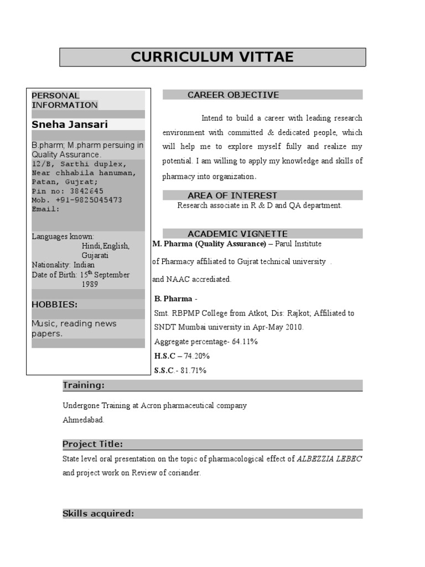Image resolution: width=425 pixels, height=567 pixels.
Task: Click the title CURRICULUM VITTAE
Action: click(x=212, y=57)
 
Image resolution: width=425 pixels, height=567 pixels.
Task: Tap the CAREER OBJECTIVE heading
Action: click(x=233, y=95)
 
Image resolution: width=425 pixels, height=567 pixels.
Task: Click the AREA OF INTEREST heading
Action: click(x=232, y=195)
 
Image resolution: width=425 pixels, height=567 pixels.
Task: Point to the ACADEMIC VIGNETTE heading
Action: click(x=237, y=234)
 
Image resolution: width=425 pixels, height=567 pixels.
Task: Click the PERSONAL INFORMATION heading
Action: click(x=64, y=100)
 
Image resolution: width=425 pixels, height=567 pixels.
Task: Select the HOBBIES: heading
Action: click(x=54, y=305)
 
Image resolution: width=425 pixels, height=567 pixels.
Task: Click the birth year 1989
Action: click(x=90, y=284)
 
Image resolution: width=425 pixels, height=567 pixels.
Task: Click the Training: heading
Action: click(x=83, y=385)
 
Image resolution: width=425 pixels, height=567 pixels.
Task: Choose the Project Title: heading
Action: click(x=92, y=444)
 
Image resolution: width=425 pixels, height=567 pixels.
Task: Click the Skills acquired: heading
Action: click(x=98, y=514)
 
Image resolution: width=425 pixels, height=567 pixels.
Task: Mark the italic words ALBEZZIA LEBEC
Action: click(x=330, y=458)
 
